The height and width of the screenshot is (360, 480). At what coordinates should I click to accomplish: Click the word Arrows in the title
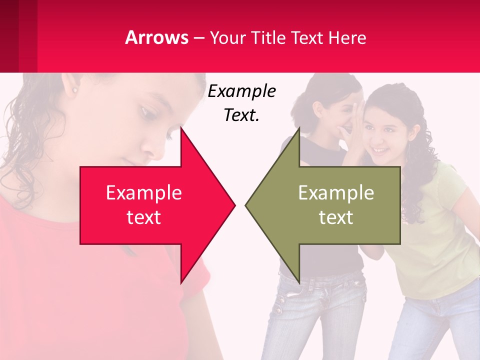[156, 37]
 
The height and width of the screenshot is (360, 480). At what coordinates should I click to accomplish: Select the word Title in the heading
[268, 37]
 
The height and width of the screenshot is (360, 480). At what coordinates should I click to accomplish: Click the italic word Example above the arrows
[241, 91]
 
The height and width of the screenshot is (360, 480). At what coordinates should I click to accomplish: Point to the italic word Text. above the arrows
[241, 115]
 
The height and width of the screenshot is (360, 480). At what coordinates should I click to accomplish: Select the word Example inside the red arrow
[143, 192]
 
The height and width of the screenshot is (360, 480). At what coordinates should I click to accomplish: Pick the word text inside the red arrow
[143, 217]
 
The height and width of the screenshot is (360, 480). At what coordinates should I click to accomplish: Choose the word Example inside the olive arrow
[336, 192]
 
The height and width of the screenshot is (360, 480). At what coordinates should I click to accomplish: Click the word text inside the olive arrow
[336, 217]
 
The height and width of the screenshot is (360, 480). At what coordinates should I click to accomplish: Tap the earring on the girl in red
[75, 90]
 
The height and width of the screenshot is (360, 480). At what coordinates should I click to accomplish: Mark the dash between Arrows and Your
[199, 38]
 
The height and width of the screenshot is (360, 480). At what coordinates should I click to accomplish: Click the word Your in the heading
[226, 37]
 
